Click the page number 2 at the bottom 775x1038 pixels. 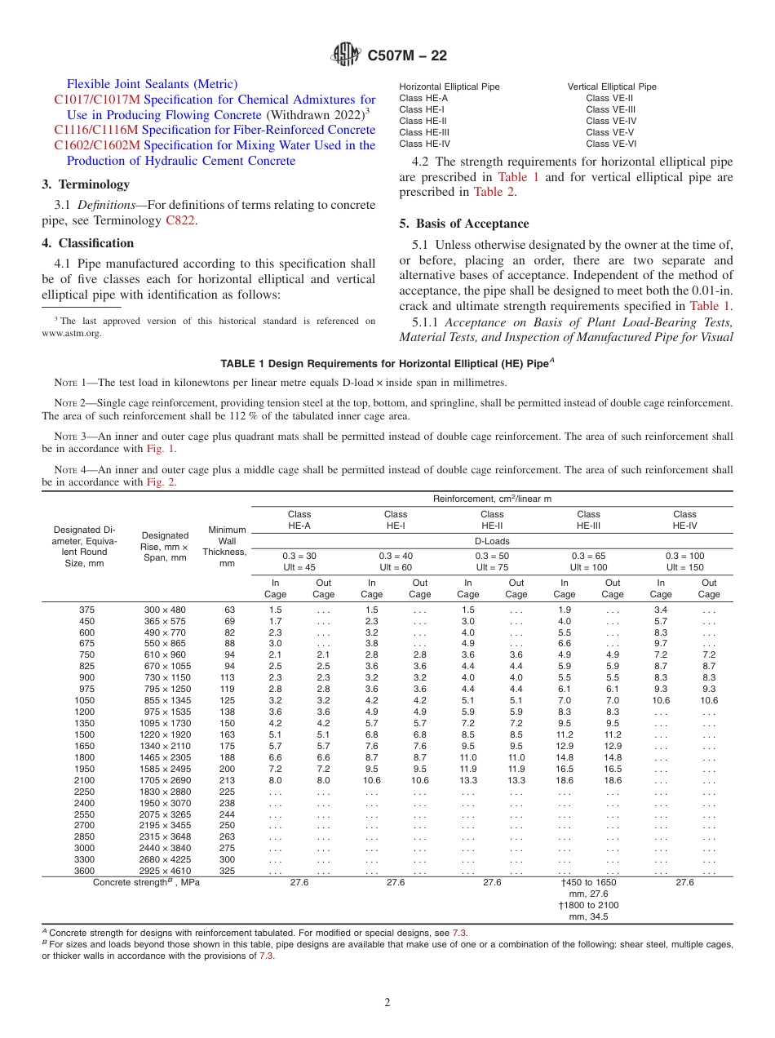(387, 1002)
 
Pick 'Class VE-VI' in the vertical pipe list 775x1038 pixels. (610, 144)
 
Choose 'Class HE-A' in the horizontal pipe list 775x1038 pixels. (423, 98)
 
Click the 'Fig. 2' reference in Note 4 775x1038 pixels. (160, 481)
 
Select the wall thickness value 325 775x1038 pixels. (228, 871)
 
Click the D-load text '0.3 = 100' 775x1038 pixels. (684, 556)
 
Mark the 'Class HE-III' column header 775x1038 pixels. (588, 520)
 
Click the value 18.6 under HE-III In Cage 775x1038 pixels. (564, 780)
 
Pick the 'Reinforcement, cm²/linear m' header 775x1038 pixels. (492, 498)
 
